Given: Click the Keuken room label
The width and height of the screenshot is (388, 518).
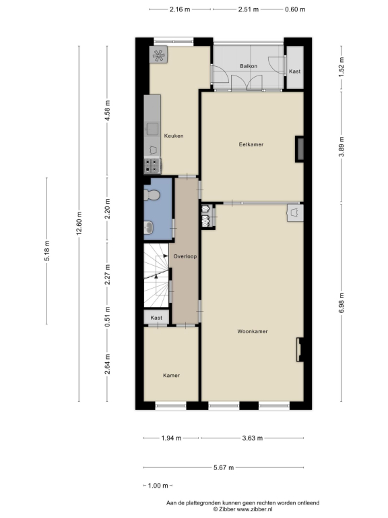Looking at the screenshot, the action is coord(174,136).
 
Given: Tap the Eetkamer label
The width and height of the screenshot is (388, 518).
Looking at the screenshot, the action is coord(251,144).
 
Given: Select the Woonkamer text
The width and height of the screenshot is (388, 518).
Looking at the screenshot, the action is coord(253,331).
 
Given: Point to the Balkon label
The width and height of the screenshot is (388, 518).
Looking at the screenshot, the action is coord(249,66).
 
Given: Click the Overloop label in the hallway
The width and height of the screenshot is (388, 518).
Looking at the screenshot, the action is coord(185,256).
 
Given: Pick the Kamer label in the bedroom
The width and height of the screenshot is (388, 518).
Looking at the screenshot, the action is coord(171,375).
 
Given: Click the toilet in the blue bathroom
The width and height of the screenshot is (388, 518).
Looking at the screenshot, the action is coord(152,195).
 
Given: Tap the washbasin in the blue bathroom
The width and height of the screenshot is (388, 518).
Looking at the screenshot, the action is coord(148,227).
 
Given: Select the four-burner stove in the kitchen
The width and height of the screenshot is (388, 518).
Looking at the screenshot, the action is coord(152,166).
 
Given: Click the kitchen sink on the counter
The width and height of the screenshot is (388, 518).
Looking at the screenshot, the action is coord(152,129).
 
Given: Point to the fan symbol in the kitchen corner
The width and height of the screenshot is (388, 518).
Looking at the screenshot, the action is coord(158,55).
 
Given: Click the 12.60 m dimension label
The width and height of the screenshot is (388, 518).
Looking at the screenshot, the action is coord(79,224).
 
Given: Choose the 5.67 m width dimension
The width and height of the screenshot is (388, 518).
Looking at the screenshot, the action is coord(224,467).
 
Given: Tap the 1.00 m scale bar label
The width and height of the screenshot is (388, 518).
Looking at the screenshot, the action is coord(158,486).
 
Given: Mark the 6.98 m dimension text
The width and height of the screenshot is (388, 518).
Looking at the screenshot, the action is coord(342,303).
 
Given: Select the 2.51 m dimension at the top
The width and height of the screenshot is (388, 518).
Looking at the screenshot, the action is coord(249,9).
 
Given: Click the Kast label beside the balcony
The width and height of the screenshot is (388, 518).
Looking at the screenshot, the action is coord(294,71).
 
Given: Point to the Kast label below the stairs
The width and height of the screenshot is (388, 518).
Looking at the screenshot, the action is coord(156,318).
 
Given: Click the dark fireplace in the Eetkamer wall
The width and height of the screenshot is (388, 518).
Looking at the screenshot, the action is coord(299,149).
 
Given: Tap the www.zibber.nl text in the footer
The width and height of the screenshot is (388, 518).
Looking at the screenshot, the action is coord(255,509).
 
